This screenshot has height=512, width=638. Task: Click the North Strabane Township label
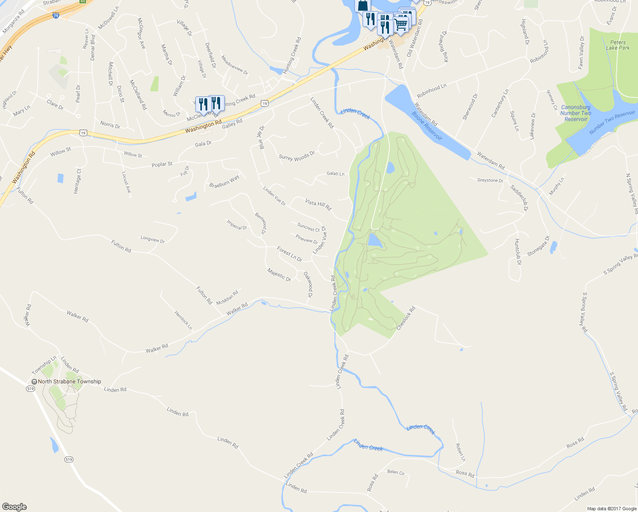[x=69, y=381]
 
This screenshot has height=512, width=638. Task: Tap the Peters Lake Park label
[x=618, y=45]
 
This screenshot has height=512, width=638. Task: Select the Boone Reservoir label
[x=427, y=126]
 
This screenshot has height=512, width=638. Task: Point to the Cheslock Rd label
[x=406, y=318]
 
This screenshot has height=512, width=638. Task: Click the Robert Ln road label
[x=460, y=452]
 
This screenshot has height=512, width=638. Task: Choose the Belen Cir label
[x=395, y=472]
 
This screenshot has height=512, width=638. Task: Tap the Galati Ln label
[x=335, y=174]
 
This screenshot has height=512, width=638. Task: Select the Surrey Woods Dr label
[x=296, y=156]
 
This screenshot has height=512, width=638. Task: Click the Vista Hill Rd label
[x=318, y=204]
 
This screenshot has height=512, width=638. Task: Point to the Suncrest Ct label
[x=308, y=227]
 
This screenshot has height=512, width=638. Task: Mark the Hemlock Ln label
[x=183, y=320]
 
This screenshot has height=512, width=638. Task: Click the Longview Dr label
[x=152, y=239]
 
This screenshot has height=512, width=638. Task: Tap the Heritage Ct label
[x=77, y=181]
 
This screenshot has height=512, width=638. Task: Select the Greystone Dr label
[x=490, y=180]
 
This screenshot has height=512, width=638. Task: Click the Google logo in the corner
[x=14, y=507]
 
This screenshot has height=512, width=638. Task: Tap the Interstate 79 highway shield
[x=56, y=15]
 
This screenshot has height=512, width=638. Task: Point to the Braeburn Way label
[x=224, y=181]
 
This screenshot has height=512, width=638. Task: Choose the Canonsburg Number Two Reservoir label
[x=576, y=113]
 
